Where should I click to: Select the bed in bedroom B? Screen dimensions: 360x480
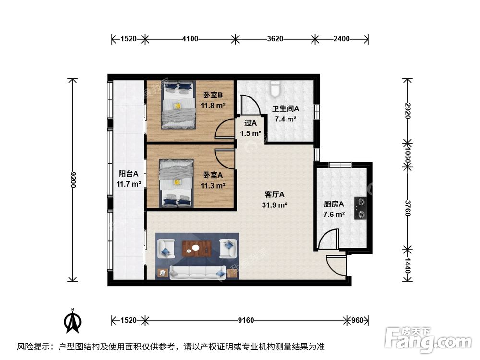(x=178, y=106)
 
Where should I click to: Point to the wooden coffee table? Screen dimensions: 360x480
(x=196, y=248)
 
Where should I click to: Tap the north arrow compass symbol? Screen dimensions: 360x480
(x=73, y=321)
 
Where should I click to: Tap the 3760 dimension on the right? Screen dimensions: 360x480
(x=407, y=207)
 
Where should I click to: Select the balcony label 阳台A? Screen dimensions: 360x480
(x=129, y=174)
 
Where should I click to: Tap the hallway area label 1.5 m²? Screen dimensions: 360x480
(x=251, y=133)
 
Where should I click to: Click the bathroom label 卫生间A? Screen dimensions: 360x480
(x=286, y=108)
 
